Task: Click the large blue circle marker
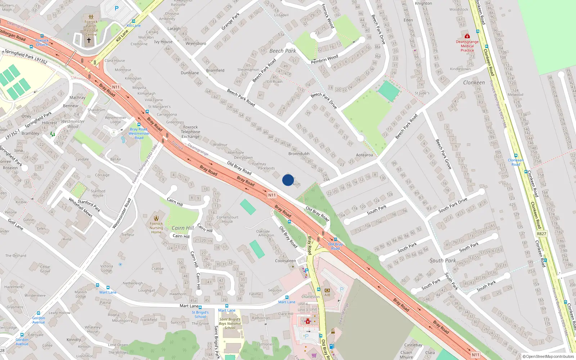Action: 288,180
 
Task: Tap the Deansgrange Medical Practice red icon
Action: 467,36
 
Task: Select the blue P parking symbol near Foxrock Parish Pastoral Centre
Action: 117,8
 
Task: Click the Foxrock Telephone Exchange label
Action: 190,132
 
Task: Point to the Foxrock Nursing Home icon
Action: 156,218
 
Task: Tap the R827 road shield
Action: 541,234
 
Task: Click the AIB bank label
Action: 327,294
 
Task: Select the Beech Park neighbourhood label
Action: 283,51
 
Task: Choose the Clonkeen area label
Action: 474,82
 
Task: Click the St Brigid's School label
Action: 200,315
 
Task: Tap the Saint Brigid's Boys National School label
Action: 230,323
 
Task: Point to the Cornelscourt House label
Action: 228,219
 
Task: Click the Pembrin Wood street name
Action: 324,59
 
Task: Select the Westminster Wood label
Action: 73,124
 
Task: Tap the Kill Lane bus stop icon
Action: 134,22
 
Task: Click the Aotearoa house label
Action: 364,155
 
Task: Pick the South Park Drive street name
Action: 453,205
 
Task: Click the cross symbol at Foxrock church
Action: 89,40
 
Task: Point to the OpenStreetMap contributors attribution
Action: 548,356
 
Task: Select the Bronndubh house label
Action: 299,154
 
